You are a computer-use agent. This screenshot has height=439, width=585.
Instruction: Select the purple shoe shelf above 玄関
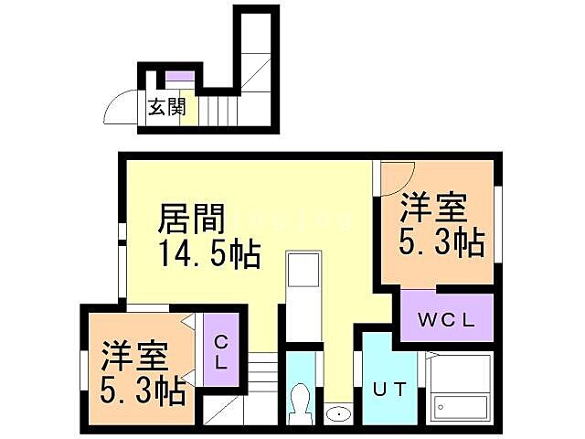tap(179, 76)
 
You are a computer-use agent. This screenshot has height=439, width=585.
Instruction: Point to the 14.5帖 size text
tap(209, 253)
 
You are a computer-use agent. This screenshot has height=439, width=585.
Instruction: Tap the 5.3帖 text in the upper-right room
tap(441, 243)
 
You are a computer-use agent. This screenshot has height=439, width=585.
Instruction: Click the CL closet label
tap(221, 350)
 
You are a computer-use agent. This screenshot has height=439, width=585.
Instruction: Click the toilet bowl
tap(300, 402)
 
